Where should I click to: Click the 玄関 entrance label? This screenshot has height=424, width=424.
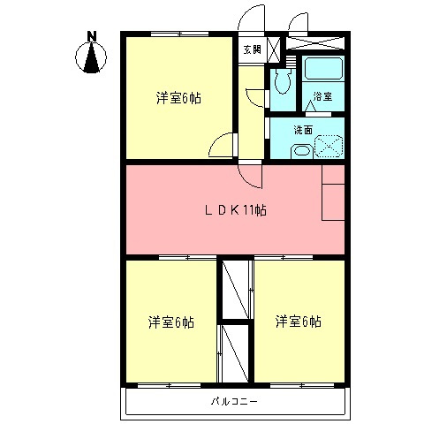[x=251, y=49]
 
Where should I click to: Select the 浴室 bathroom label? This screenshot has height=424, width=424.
[x=322, y=96]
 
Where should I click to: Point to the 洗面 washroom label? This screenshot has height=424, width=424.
[x=303, y=130]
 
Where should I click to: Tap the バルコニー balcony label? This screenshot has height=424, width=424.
[x=234, y=401]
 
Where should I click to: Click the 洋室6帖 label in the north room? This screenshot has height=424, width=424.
[x=179, y=98]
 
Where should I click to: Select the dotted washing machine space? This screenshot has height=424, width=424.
[x=329, y=145]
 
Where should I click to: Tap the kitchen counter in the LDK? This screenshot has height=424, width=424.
[x=334, y=193]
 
